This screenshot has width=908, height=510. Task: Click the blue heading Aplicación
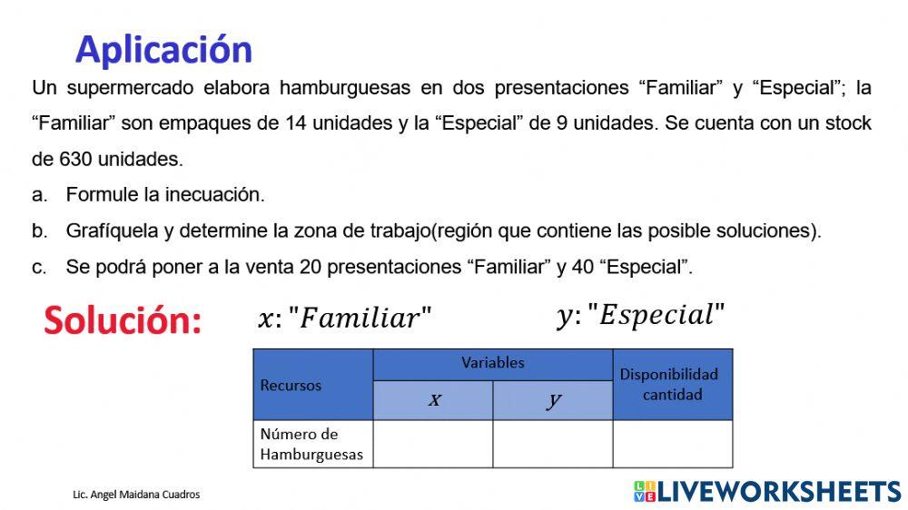coord(163,49)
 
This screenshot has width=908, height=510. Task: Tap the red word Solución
coord(123,320)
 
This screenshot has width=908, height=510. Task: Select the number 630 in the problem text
coord(74,160)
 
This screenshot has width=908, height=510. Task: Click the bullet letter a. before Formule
coord(39,194)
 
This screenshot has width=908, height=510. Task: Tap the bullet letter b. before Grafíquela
coord(39,230)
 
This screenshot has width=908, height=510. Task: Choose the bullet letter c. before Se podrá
coord(39,267)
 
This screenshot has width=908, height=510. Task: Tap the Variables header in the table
coord(492,363)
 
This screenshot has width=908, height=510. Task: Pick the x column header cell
coord(433,400)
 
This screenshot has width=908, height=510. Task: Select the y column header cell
coord(553,400)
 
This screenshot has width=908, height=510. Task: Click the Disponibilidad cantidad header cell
coord(672,385)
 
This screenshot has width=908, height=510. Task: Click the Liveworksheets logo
coord(767,491)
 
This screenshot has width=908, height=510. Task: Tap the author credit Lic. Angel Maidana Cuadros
coord(136,495)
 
